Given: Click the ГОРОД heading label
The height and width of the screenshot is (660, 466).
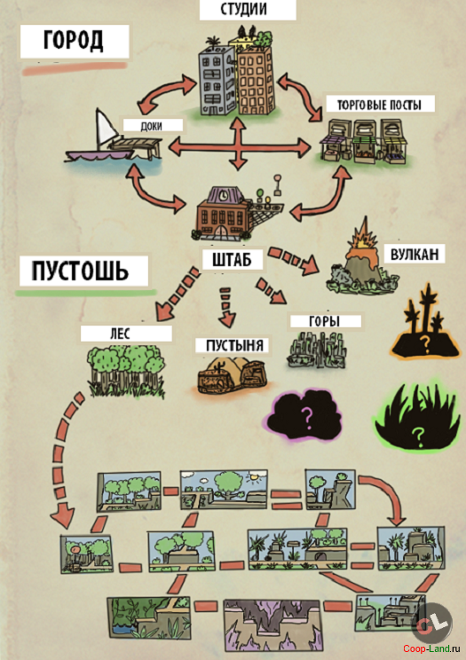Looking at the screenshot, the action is point(74,41).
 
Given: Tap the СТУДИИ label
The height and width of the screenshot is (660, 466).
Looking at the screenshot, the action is point(243,9).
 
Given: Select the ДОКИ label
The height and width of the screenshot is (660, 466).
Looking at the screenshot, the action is point(151,126).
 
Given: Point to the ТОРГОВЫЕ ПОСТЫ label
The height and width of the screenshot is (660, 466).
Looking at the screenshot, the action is point(379,105).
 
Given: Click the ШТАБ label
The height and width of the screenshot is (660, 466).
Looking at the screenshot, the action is point(232,260).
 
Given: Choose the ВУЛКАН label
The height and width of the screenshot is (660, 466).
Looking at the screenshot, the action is point(415,254).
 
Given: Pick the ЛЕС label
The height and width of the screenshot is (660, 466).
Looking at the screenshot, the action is point(120,334).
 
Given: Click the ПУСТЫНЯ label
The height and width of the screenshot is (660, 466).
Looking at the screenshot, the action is point(234,346).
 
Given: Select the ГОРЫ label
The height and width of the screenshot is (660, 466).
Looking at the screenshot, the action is point(325,321).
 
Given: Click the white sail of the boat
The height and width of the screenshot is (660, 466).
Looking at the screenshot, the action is point(107,129).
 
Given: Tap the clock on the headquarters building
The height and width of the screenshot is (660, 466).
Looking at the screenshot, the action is point(223,194).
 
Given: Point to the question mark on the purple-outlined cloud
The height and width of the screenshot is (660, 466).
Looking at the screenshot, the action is point(308,419).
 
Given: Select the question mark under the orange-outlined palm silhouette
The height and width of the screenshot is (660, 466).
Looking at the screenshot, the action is point(425,344).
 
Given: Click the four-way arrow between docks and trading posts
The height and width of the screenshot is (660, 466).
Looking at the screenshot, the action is point(239,146).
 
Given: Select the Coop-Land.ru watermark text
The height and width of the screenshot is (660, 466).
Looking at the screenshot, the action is point(432,648).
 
